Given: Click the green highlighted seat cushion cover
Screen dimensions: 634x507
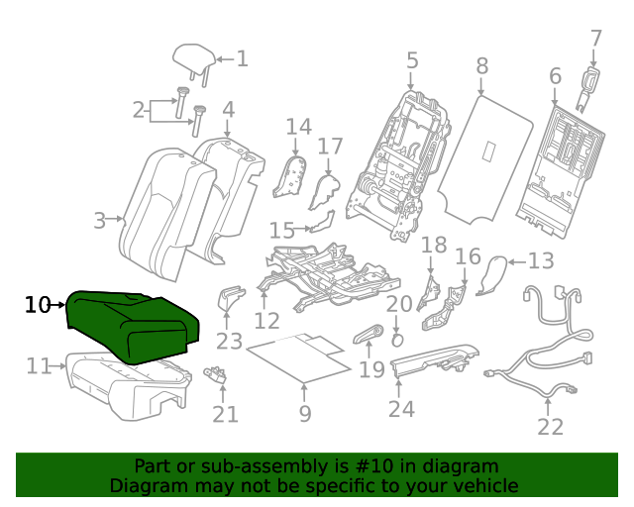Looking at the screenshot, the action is [x=133, y=327].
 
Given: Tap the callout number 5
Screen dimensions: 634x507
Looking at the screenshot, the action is [x=412, y=60].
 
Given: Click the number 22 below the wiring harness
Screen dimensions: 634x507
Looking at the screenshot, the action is [x=551, y=427].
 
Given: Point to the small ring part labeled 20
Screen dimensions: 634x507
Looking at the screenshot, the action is [x=397, y=340].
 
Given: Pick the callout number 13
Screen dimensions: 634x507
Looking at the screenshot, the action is [x=541, y=260].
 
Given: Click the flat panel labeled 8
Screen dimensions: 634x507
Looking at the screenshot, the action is [x=485, y=159].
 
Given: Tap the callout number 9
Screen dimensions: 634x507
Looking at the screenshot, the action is [x=305, y=413].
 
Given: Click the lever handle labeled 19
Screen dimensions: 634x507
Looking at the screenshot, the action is [x=369, y=335].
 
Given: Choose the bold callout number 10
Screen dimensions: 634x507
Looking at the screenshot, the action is [x=38, y=305].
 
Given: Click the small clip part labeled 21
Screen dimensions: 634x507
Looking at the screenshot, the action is [x=216, y=374].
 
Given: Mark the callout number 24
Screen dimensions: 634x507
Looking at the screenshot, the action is [x=401, y=409].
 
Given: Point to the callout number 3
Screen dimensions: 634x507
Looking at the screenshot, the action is [x=99, y=221].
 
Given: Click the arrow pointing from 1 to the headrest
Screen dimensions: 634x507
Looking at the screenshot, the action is [x=225, y=59].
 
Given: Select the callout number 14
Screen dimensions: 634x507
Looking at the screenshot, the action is [x=299, y=127].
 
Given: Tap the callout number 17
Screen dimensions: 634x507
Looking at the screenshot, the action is [x=330, y=147].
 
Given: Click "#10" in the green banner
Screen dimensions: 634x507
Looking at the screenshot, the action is [x=374, y=466].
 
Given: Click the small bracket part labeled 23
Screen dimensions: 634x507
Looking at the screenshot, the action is [x=231, y=298].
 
